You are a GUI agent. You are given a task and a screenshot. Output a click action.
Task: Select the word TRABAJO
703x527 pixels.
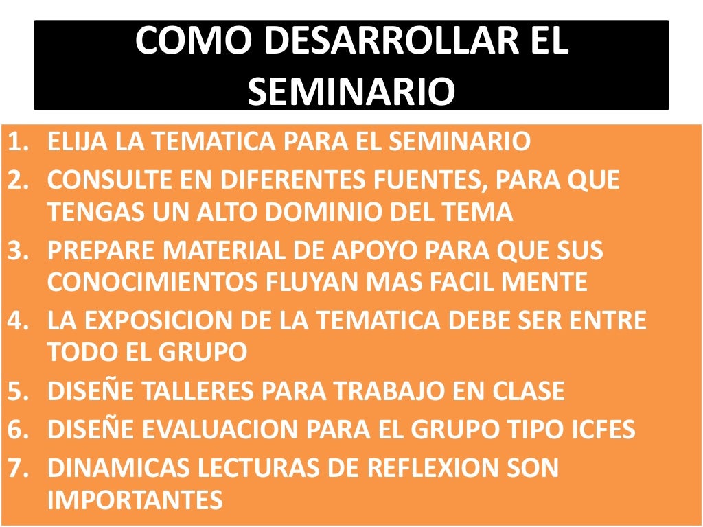[376, 391]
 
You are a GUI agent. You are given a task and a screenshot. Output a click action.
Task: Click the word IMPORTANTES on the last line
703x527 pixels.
[135, 500]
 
